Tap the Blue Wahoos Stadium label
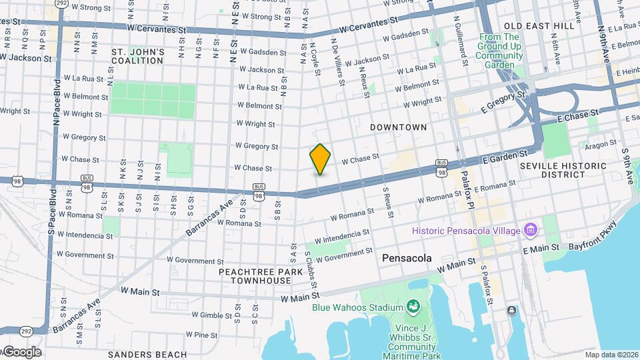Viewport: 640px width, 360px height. coord(358,307)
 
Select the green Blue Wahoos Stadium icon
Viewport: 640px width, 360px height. coord(413,307)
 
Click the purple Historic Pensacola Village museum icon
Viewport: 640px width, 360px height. coord(531,230)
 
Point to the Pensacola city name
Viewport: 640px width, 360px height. coord(407,258)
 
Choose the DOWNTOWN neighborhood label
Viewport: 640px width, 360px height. coord(398,127)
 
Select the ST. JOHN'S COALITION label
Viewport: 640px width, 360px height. coord(137,56)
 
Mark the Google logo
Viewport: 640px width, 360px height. coord(21,352)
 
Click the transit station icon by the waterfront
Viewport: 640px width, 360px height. coord(511,310)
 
